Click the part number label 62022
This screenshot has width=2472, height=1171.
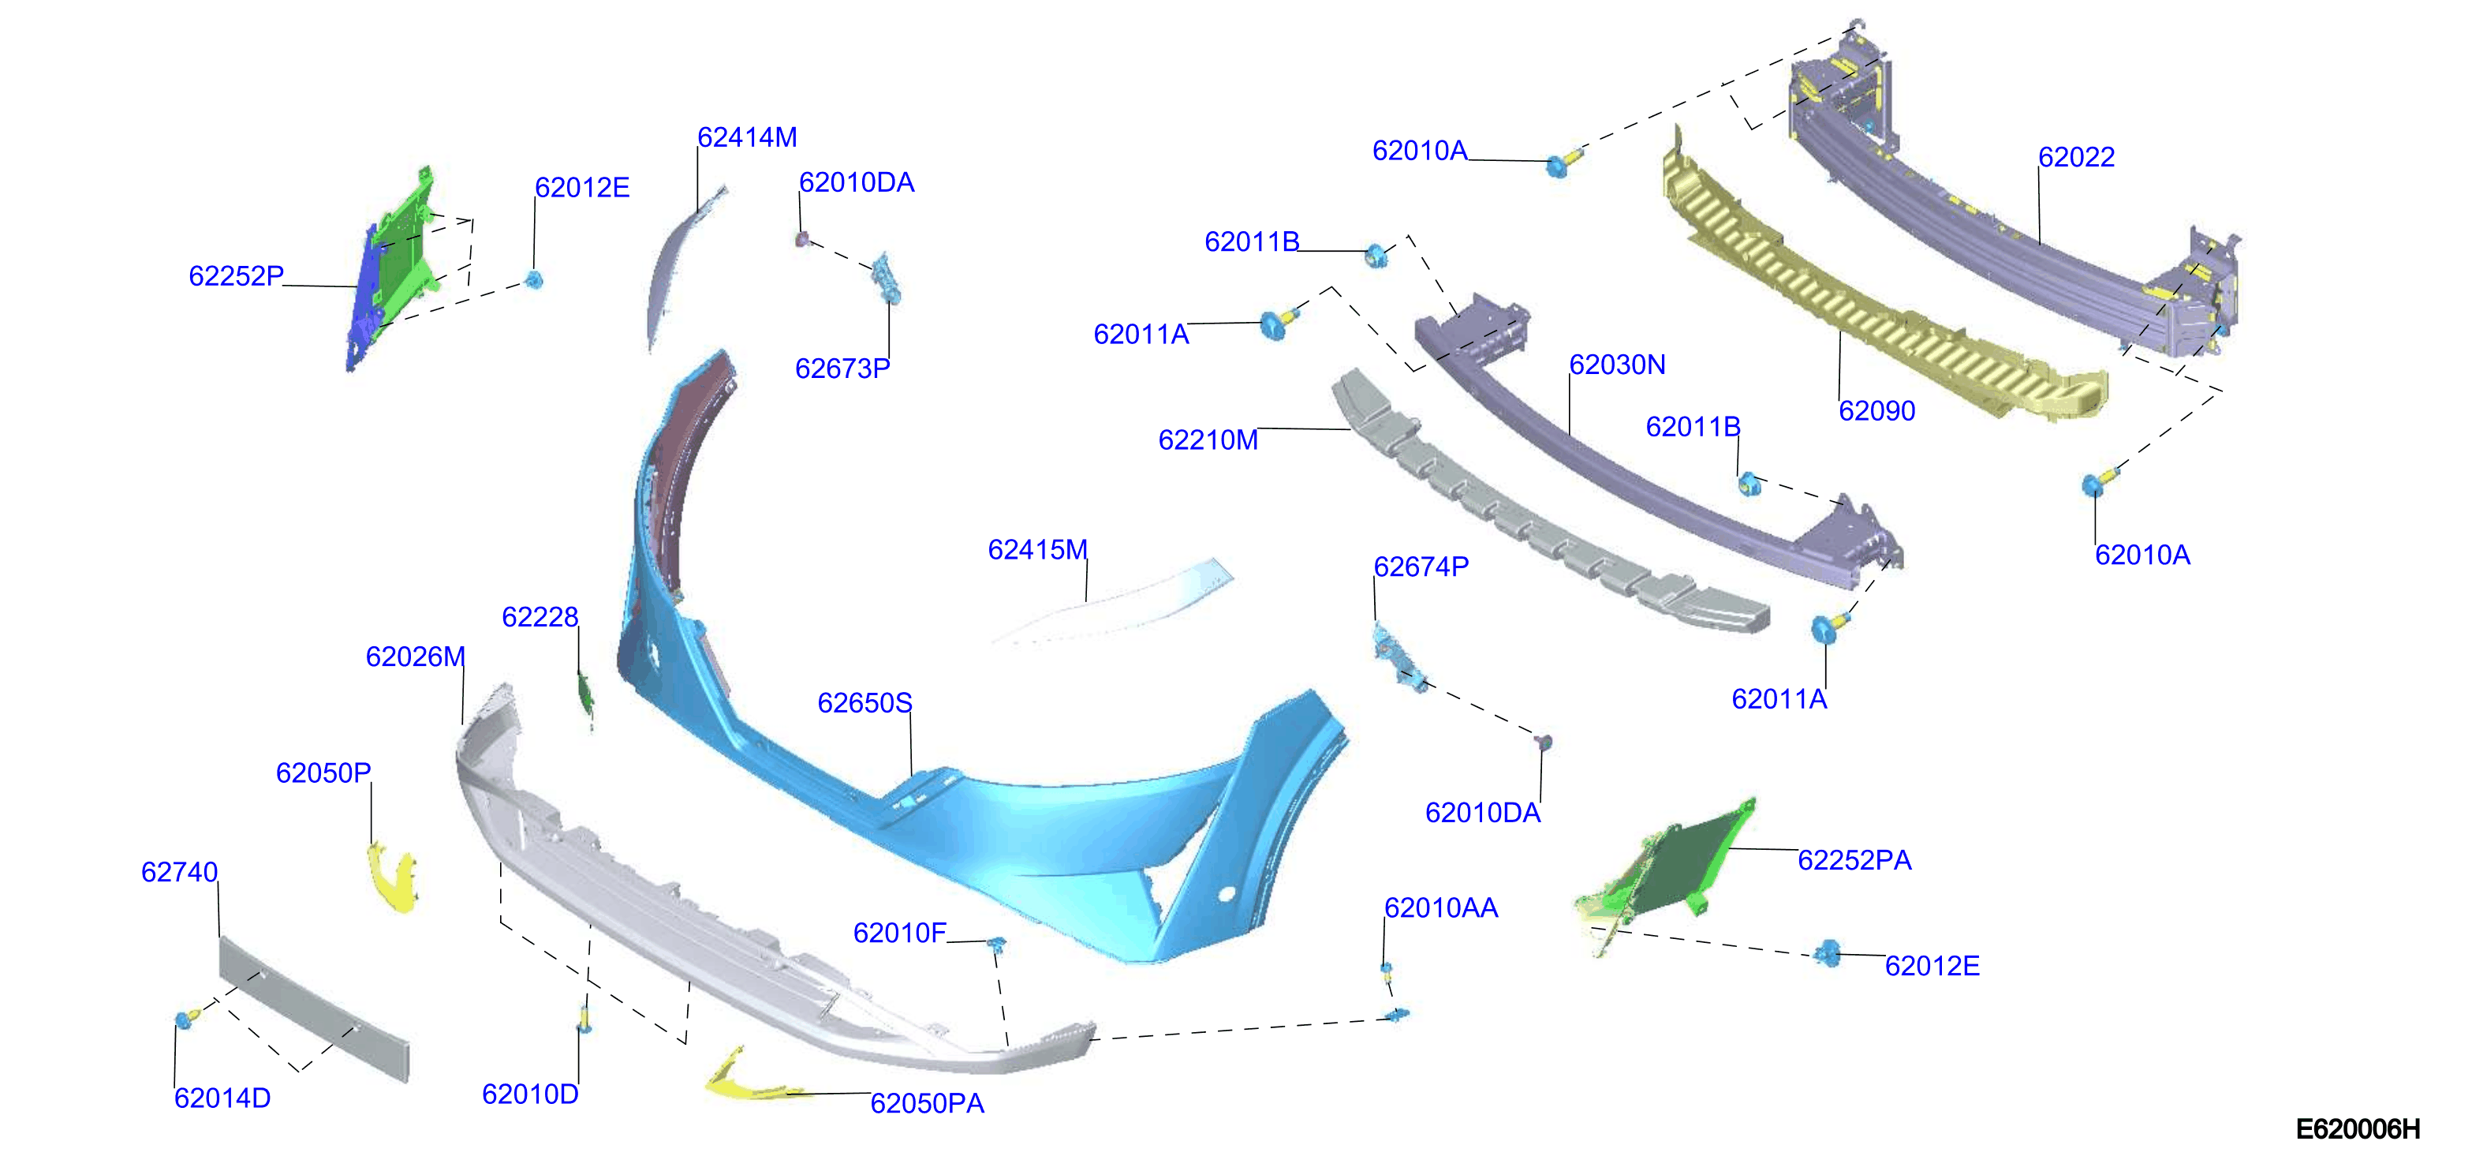pos(2076,156)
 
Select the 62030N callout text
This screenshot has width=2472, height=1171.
pos(1617,365)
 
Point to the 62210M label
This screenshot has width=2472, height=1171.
pos(1208,440)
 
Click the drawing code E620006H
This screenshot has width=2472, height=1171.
pos(2357,1128)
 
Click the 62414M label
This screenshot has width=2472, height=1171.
pos(747,137)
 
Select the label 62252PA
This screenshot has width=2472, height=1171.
pos(1854,860)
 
